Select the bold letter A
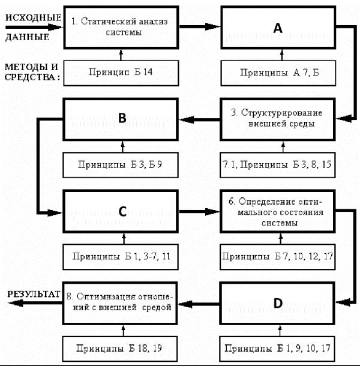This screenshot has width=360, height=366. (x=278, y=28)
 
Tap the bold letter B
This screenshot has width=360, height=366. (x=122, y=118)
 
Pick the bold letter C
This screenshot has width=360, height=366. (x=122, y=211)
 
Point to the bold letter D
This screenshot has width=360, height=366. (x=278, y=303)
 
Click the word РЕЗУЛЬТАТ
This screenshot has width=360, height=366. (x=34, y=294)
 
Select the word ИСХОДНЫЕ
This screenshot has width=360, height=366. (x=34, y=18)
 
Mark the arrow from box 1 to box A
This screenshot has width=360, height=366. (x=200, y=26)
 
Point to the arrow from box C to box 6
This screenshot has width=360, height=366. (x=199, y=212)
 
